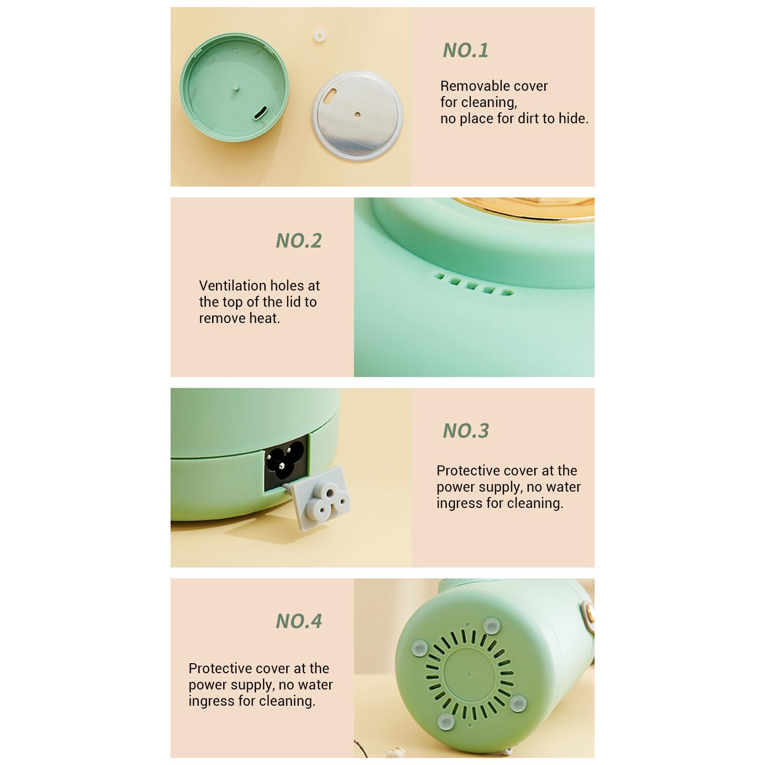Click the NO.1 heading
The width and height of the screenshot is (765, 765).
[465, 50]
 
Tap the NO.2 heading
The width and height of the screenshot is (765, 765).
[299, 240]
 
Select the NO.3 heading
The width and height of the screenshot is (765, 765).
[466, 431]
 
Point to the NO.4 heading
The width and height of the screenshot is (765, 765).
[299, 621]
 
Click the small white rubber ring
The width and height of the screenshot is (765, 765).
[320, 36]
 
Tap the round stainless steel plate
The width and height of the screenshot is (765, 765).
[357, 115]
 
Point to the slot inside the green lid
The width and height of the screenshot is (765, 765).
[261, 114]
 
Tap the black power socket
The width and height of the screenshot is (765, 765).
[286, 463]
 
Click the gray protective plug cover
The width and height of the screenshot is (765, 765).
[319, 498]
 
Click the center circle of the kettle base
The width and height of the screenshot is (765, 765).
[469, 674]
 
